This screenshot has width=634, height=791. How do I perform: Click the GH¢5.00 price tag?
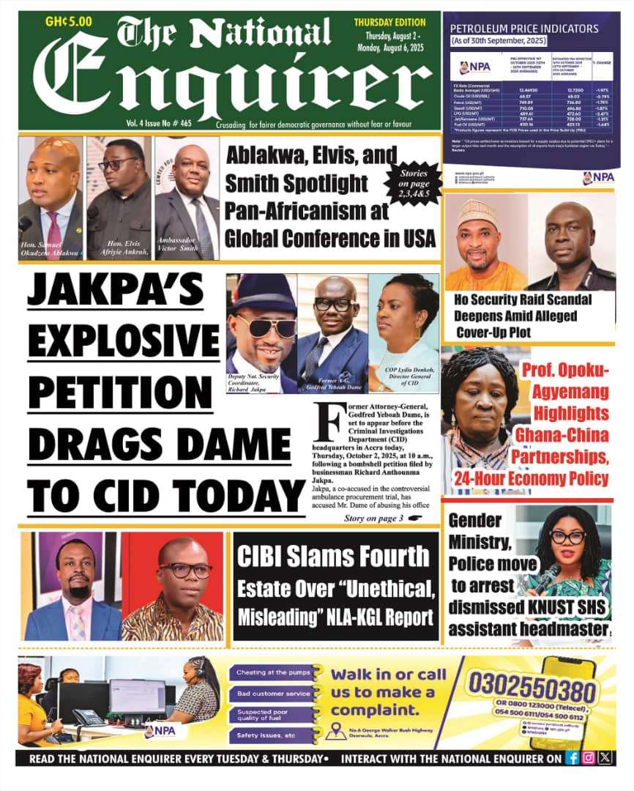tap(69, 21)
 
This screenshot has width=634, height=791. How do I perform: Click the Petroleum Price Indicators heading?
tap(524, 29)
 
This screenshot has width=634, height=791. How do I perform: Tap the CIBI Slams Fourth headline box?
tap(335, 586)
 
